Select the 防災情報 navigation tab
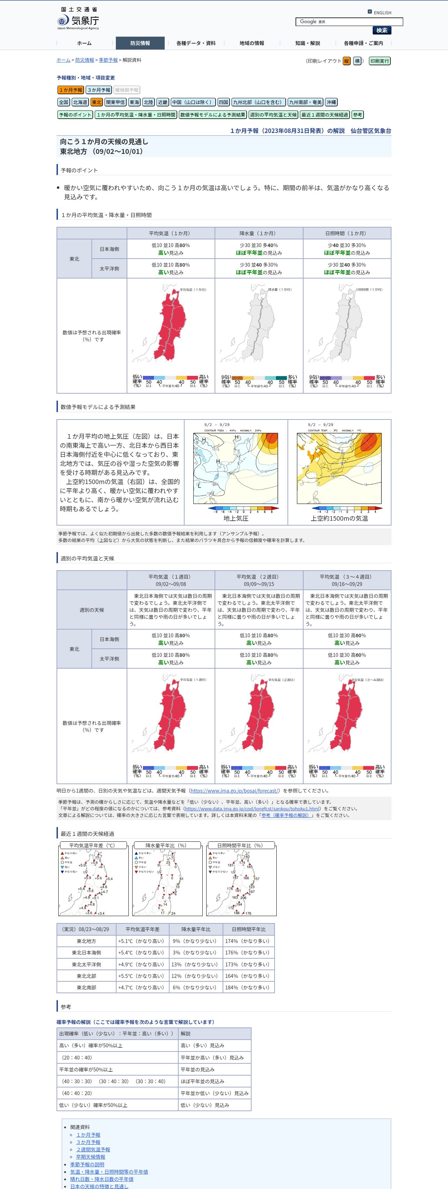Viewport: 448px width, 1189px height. pyautogui.click(x=140, y=43)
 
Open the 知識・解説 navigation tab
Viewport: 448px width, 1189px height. pyautogui.click(x=307, y=43)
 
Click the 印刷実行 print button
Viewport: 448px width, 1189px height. pyautogui.click(x=379, y=61)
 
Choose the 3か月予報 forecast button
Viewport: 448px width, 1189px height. pyautogui.click(x=99, y=90)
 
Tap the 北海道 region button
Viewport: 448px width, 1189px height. pyautogui.click(x=80, y=102)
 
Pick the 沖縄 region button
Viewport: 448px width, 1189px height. pyautogui.click(x=331, y=102)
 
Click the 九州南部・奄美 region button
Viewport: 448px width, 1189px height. pyautogui.click(x=305, y=102)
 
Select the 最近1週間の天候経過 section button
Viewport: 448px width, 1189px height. pyautogui.click(x=325, y=114)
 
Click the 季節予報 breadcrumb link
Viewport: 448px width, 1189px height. pyautogui.click(x=108, y=60)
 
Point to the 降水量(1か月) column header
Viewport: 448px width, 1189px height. pyautogui.click(x=259, y=233)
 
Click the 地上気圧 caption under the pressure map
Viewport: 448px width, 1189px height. pyautogui.click(x=236, y=518)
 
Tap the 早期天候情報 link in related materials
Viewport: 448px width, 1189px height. pyautogui.click(x=90, y=1157)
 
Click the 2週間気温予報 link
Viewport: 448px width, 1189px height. pyautogui.click(x=93, y=1149)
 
